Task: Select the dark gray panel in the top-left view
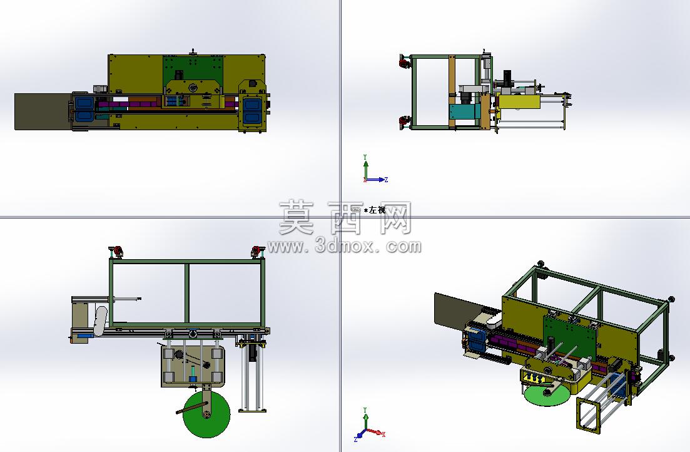click(43, 111)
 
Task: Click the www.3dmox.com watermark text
click(344, 246)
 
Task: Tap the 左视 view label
click(377, 210)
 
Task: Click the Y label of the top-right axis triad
click(365, 157)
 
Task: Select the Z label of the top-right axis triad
click(386, 180)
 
